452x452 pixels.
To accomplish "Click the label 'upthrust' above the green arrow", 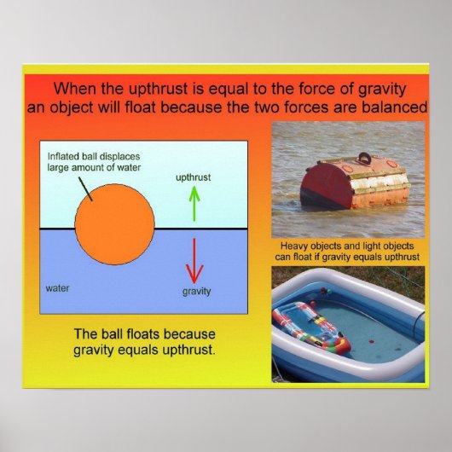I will tap(193, 178).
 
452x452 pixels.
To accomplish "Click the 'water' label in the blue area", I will tap(57, 288).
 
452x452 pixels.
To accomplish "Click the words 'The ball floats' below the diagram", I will tap(120, 333).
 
